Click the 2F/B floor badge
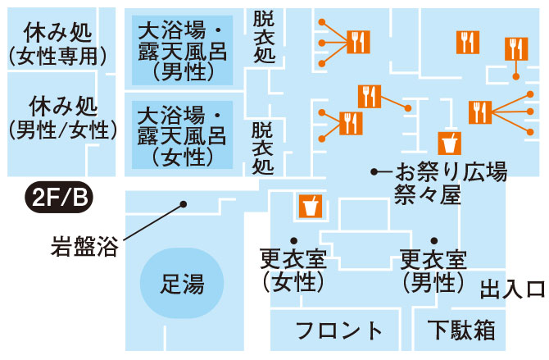[60, 197]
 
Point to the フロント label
[339, 331]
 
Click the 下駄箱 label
[461, 330]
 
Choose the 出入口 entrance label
[512, 289]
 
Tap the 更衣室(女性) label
[293, 271]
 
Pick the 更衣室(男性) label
[433, 271]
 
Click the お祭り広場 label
[451, 172]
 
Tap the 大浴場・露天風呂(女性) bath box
[183, 133]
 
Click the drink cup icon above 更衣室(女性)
[310, 206]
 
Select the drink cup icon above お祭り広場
[449, 142]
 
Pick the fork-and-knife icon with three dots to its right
[479, 111]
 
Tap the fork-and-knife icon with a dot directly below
[515, 49]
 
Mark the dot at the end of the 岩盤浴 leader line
[184, 203]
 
